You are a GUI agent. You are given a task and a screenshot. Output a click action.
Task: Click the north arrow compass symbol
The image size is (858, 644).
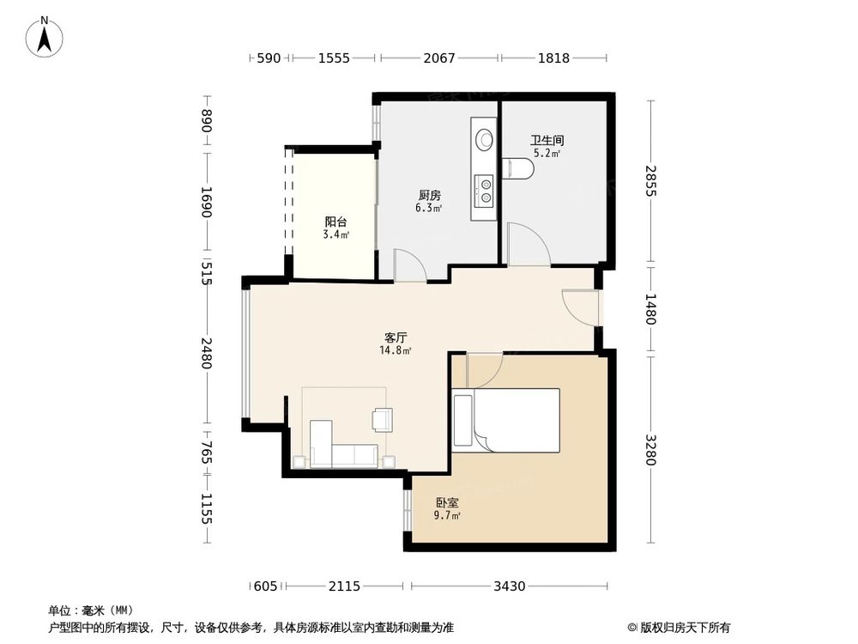45,37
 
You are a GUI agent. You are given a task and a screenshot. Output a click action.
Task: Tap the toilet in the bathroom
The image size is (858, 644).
517,168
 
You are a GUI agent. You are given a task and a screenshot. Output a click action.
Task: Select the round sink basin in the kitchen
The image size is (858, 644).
484,138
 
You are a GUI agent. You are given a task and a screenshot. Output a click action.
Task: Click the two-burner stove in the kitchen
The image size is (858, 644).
484,190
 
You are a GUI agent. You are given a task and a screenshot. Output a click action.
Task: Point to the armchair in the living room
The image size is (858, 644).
382,420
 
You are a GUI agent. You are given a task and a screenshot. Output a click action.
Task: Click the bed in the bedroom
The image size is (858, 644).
507,420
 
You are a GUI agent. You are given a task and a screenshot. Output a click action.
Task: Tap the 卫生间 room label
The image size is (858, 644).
547,140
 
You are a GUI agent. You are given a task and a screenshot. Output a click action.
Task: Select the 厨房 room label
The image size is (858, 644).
430,195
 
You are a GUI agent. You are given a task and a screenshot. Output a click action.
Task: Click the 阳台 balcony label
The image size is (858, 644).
335,222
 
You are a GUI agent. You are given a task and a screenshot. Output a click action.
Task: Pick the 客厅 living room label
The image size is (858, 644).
396,337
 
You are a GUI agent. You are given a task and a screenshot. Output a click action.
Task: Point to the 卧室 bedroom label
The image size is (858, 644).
447,502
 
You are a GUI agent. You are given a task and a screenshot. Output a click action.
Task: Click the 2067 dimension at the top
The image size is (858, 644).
439,58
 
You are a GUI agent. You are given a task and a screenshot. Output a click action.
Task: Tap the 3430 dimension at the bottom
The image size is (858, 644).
510,586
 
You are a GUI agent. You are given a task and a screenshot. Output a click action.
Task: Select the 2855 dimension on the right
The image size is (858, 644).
650,180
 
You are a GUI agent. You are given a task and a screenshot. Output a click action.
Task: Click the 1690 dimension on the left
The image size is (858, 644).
206,202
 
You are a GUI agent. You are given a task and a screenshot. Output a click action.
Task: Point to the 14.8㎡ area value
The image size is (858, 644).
396,350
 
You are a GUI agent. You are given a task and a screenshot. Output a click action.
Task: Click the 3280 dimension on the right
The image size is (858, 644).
650,450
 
